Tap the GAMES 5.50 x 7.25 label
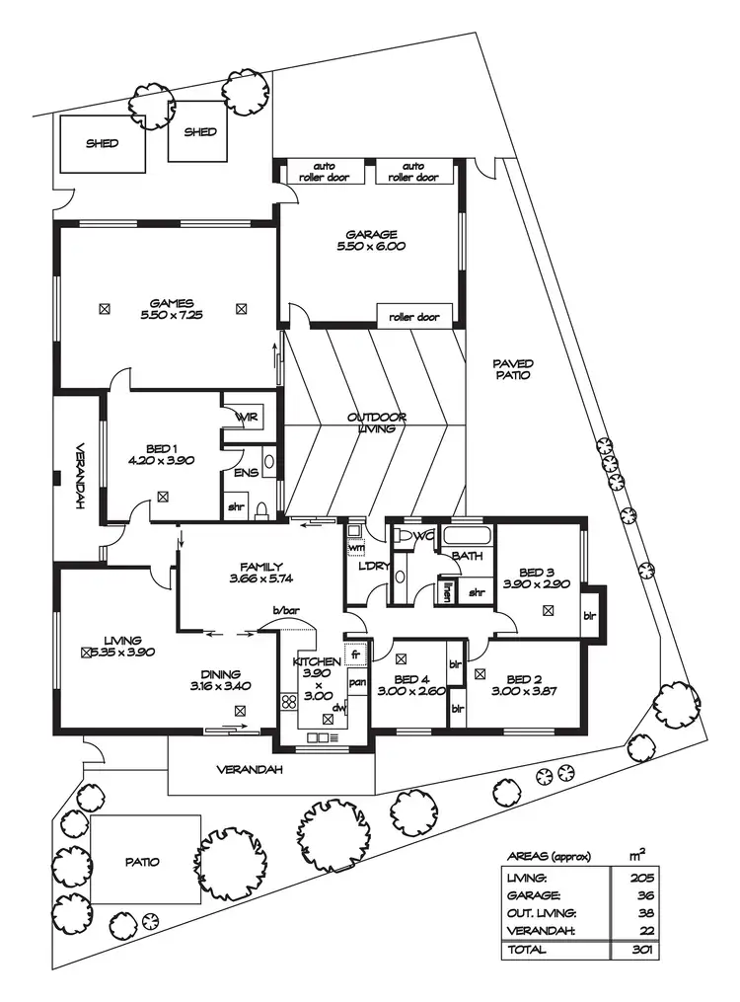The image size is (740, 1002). pyautogui.click(x=171, y=309)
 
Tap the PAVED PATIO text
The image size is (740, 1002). pyautogui.click(x=513, y=369)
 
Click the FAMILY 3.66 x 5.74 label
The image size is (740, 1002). pyautogui.click(x=257, y=573)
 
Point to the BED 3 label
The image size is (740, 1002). pyautogui.click(x=531, y=578)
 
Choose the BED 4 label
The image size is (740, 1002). pyautogui.click(x=407, y=686)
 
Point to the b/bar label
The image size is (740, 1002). pyautogui.click(x=286, y=612)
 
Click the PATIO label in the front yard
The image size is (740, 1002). pyautogui.click(x=142, y=862)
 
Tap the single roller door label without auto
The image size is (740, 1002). pyautogui.click(x=413, y=317)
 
